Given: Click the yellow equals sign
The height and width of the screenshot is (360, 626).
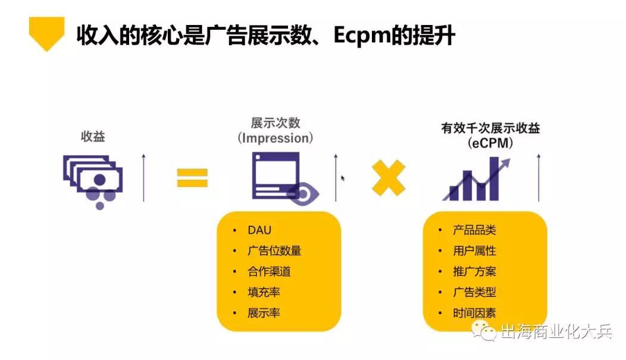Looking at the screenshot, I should click(192, 177).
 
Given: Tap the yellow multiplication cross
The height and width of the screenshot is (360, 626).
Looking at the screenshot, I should click(389, 177).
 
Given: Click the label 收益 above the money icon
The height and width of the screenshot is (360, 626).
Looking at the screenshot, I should click(92, 136).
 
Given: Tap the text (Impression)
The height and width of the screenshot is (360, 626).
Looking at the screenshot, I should click(275, 138).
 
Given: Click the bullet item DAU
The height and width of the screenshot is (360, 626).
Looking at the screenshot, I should click(259, 230).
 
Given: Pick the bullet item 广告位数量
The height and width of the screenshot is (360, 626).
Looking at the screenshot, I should click(274, 251).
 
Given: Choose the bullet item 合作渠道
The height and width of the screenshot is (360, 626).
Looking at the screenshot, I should click(269, 271).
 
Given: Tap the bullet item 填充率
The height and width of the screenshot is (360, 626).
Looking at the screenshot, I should click(264, 292).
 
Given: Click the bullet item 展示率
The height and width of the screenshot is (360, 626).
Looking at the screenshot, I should click(264, 312).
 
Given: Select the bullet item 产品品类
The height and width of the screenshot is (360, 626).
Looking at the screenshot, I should click(474, 230).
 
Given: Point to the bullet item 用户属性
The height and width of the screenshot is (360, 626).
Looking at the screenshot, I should click(474, 251).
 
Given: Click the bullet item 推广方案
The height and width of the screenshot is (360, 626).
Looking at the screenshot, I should click(474, 271).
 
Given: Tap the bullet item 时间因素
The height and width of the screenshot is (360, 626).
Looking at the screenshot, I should click(474, 312).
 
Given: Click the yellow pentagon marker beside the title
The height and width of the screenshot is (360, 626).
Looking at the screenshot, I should click(46, 33).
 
